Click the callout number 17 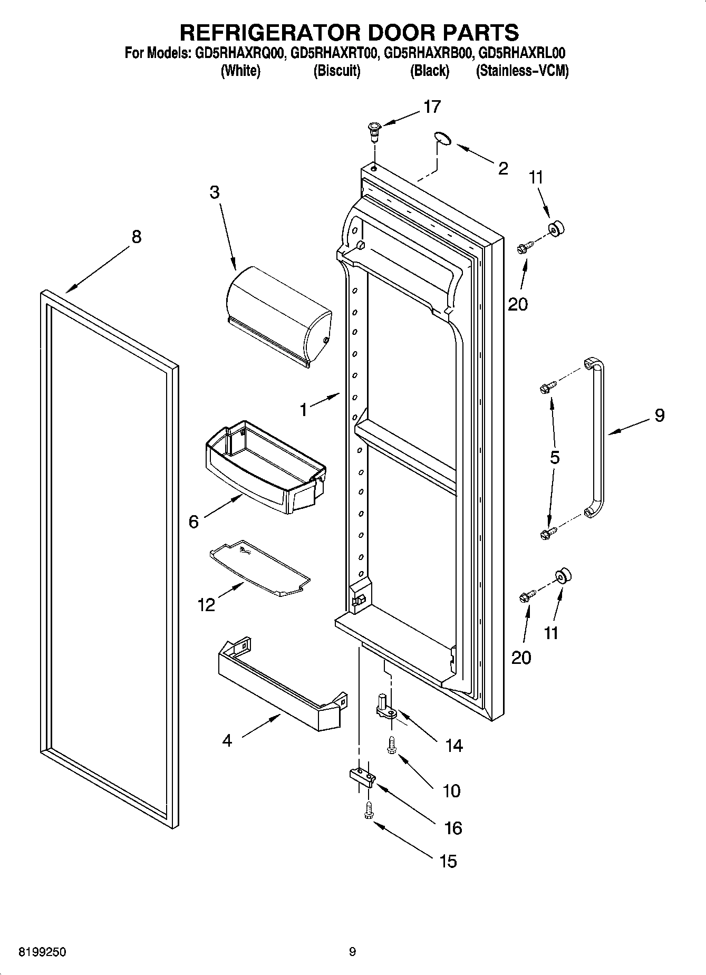tap(432, 107)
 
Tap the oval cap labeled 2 tap(443, 138)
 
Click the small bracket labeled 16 tap(362, 777)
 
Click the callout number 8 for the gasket tap(137, 237)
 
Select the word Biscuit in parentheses tap(336, 71)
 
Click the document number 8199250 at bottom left tap(42, 952)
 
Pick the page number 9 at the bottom tap(352, 952)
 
